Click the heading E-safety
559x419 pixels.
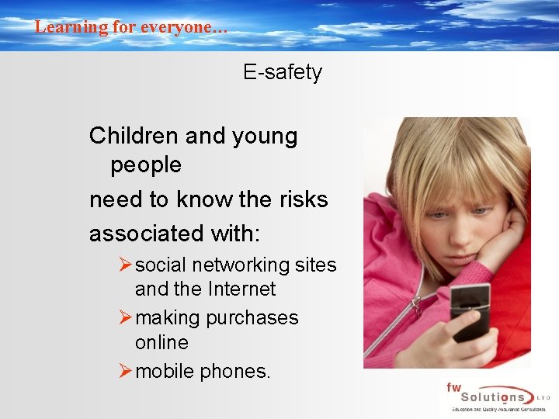[x=282, y=73]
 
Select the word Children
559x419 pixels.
[x=134, y=137]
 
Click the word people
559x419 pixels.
[x=146, y=164]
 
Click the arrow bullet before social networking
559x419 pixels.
[x=125, y=265]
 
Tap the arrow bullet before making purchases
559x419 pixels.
[x=125, y=318]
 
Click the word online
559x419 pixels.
[x=161, y=342]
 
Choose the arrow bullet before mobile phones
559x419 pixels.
[x=125, y=372]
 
